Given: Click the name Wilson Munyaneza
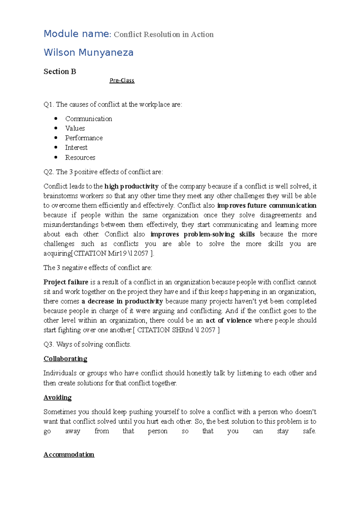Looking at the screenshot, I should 88,52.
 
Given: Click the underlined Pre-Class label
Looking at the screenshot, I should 122,80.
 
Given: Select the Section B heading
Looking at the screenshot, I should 60,71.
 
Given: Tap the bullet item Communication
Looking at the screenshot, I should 88,119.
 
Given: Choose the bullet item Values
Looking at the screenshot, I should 75,128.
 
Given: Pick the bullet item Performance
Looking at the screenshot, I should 84,138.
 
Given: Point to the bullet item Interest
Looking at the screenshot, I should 76,147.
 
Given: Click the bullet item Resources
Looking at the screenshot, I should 80,157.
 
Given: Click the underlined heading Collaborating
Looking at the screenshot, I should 65,359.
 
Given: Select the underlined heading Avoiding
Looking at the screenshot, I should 58,397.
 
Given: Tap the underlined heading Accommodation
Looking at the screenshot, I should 69,454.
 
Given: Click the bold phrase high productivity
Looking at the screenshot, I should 131,186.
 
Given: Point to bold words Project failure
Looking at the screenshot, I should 66,282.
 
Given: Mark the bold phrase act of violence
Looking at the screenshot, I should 229,320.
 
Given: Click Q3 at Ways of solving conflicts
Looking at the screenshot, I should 48,344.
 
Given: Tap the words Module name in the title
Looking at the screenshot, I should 76,34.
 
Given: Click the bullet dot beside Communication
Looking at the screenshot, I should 56,118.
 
